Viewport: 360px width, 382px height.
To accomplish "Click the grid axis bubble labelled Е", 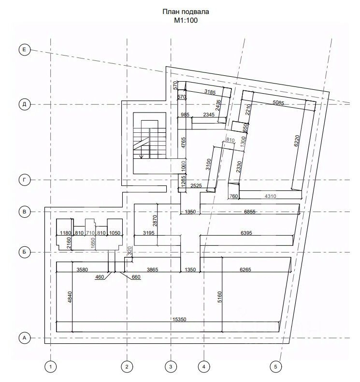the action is point(24,50).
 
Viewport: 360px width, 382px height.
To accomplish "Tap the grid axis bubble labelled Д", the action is point(24,104).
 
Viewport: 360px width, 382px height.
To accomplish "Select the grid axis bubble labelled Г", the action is point(24,180).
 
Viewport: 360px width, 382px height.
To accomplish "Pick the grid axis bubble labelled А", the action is point(24,338).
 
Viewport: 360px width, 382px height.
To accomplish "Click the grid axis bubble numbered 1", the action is point(50,367).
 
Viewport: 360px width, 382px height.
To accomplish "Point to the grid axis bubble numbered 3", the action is point(171,367).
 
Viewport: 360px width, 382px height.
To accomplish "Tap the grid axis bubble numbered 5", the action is point(275,367).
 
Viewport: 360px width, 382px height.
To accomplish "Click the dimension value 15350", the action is point(179,319).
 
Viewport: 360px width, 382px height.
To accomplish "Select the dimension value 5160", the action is point(219,297).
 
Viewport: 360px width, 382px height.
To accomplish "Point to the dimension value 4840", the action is point(70,297).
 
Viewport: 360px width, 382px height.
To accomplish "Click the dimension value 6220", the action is point(297,141).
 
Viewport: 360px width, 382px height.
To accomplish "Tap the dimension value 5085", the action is point(278,102).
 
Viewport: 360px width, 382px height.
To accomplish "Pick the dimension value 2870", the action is point(155,221).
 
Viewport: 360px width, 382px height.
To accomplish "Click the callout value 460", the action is point(100,277).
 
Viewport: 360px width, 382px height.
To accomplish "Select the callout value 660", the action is point(136,277).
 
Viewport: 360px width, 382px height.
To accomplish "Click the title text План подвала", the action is point(186,12).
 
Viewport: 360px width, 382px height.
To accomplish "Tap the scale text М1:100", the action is point(186,20).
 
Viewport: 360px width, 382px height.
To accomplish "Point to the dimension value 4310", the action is point(270,196).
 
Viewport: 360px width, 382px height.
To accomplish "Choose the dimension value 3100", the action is point(208,164).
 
